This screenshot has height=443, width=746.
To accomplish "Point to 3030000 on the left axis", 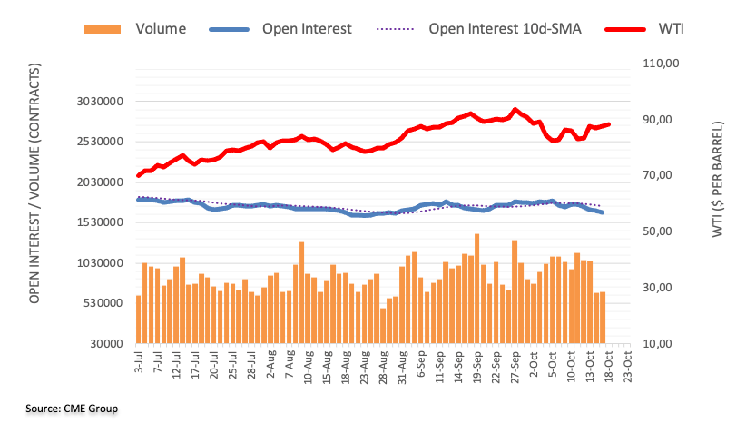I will pos(96,102).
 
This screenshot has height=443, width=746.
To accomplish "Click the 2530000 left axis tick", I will pos(96,142).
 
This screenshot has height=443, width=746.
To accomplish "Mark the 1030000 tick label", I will pos(96,263).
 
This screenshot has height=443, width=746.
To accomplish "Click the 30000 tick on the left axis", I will pos(104,344).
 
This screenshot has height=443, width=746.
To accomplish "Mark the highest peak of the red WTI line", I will pos(515,110).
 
